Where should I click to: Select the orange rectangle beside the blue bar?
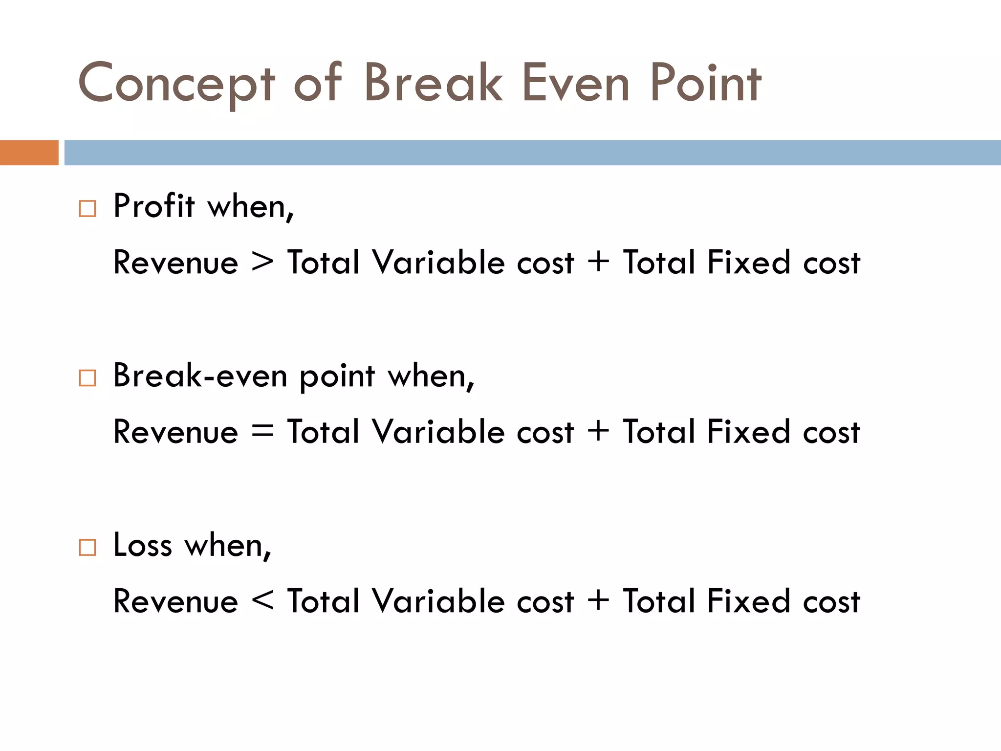pos(29,153)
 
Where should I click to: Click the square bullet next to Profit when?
pos(87,209)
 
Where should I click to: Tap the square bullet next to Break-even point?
pos(87,378)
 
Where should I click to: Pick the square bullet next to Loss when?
pos(87,547)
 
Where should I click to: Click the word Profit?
pos(154,206)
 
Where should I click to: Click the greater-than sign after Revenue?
pos(262,262)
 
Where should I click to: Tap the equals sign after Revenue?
pos(262,432)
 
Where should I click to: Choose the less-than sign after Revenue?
pos(262,600)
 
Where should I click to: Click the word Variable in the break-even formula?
pos(438,432)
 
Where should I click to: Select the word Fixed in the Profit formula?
pos(748,262)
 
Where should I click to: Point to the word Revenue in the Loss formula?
pos(175,601)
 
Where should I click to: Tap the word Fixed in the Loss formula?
pos(748,601)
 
